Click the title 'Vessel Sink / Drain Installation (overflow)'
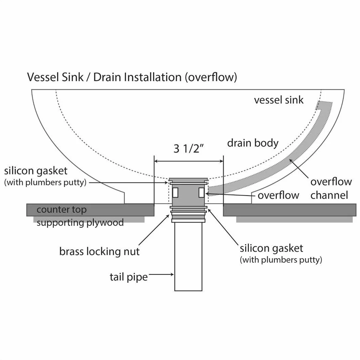tap(132, 77)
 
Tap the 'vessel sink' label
tap(279, 100)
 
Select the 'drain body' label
tap(253, 143)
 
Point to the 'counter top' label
tap(61, 210)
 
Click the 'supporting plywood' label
tap(80, 222)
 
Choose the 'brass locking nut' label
tap(100, 251)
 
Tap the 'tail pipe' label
tap(129, 277)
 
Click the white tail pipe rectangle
tap(188, 256)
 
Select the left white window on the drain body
tap(175, 192)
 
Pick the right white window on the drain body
tap(202, 192)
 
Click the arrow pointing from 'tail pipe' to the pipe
tap(161, 275)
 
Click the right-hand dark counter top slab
tap(290, 210)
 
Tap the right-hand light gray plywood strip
tap(294, 219)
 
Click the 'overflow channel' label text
tap(331, 188)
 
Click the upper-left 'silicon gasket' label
tap(45, 176)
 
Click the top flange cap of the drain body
tap(188, 179)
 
